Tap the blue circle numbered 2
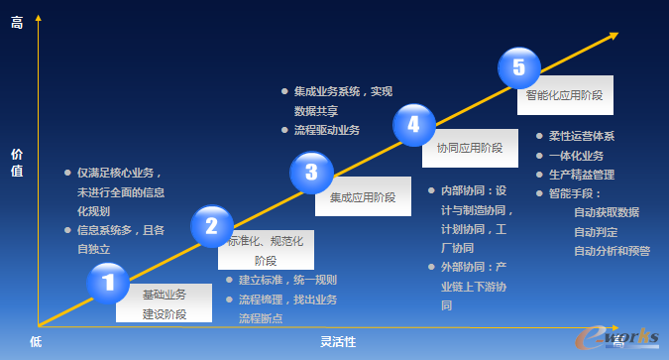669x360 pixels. coord(211,227)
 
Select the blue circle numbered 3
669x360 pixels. coord(311,174)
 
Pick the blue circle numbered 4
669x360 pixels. coord(413,125)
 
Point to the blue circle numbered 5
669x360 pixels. coord(519,68)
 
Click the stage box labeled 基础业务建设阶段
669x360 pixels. coord(164,303)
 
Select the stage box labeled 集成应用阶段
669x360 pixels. coord(363,197)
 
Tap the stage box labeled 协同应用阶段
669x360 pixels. coord(470,148)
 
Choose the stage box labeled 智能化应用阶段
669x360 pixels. coord(565,96)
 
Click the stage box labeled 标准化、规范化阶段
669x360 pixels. coord(266,251)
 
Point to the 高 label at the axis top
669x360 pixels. coord(17,23)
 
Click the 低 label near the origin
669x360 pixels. coord(35,341)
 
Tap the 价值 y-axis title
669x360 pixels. coord(17,163)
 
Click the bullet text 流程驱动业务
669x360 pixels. coord(327,131)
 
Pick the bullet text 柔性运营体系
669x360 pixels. coord(582,137)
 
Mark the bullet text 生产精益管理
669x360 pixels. coord(582,175)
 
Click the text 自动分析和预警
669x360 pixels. coord(612,251)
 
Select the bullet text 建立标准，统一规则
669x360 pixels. coord(287,280)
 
